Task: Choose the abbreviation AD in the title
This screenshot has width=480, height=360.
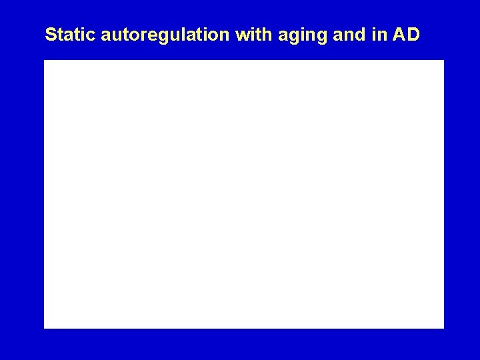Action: coord(407,34)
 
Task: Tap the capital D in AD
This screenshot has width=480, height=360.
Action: coord(413,34)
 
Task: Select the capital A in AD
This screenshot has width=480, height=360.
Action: coord(400,34)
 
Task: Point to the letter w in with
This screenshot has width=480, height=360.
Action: coord(241,35)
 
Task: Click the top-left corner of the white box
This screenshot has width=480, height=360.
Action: coord(44,60)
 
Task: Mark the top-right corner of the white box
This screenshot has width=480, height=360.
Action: coord(443,60)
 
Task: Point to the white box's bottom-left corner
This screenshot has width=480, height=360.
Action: coord(44,328)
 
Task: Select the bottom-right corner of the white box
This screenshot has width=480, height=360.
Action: coord(443,328)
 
